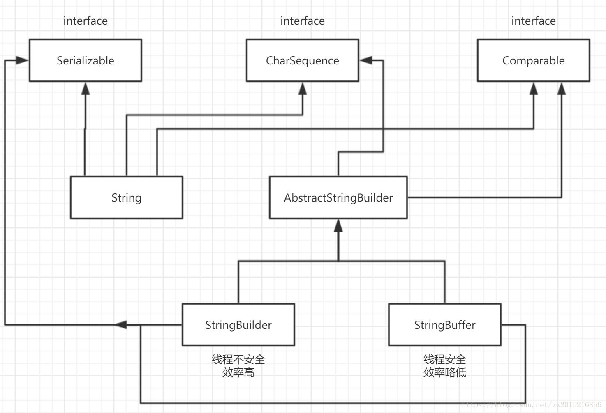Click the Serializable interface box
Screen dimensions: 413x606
(86, 60)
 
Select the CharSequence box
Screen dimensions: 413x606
(302, 60)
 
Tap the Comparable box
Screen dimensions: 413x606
(533, 60)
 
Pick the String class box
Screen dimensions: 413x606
(126, 197)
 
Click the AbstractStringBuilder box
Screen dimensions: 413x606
(338, 197)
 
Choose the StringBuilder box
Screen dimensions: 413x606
(238, 325)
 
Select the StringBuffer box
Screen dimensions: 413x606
(444, 325)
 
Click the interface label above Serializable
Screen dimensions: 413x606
(86, 21)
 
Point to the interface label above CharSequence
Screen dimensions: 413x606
(302, 21)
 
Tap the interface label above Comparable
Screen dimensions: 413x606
(533, 21)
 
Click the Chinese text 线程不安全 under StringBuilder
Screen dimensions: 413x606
(238, 359)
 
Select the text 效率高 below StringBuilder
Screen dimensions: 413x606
(238, 373)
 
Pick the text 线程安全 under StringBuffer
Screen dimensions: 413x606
(444, 359)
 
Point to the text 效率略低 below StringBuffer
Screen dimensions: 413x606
(444, 373)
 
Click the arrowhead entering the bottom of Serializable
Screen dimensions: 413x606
(86, 89)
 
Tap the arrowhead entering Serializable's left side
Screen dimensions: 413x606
(22, 60)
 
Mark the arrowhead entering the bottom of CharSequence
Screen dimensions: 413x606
(303, 89)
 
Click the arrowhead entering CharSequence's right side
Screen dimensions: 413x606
(366, 60)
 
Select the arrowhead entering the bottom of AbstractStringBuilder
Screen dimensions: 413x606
(338, 226)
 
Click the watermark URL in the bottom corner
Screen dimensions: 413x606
(531, 405)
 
